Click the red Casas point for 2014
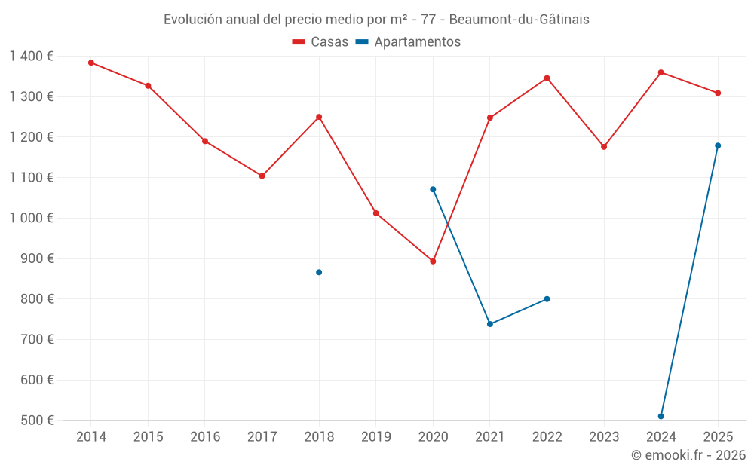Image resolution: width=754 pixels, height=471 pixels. [91, 63]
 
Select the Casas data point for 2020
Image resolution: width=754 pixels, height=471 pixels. [433, 261]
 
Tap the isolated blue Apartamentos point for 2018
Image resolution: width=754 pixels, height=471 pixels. [319, 273]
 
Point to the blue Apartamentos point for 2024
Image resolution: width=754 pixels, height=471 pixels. [661, 416]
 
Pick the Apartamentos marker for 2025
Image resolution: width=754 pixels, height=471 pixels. [718, 145]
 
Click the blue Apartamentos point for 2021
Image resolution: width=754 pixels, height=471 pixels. [490, 324]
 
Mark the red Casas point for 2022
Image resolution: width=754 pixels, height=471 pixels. [547, 78]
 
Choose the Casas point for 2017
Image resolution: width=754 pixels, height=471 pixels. [262, 176]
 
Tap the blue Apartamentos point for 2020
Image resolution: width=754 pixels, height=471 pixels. [433, 189]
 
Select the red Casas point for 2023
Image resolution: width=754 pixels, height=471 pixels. [604, 147]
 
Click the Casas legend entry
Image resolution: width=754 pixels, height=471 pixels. [320, 41]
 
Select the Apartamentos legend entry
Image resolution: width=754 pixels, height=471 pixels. [408, 41]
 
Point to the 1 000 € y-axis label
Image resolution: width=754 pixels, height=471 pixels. [31, 218]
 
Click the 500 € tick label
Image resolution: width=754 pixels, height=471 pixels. [37, 420]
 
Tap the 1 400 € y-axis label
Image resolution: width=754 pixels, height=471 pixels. [31, 57]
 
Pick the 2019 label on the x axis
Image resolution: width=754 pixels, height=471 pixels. [376, 436]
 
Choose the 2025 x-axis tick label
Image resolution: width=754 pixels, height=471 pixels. [718, 436]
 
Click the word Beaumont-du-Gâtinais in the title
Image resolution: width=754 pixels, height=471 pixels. [519, 20]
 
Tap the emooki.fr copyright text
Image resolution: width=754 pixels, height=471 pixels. [688, 454]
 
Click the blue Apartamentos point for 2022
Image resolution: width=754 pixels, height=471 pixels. [547, 299]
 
